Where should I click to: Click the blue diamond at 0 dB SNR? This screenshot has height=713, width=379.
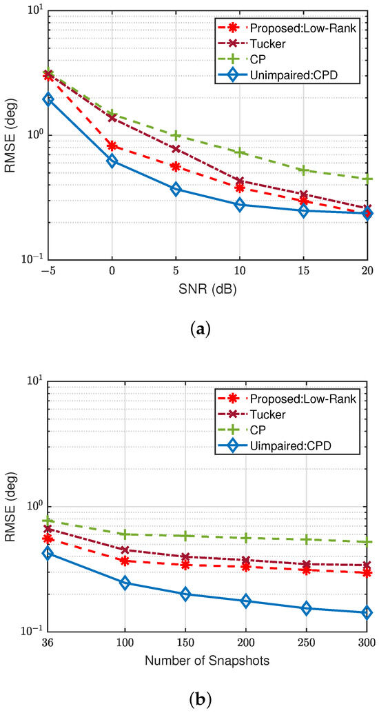pyautogui.click(x=112, y=161)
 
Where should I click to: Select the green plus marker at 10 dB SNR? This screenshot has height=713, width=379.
pyautogui.click(x=240, y=152)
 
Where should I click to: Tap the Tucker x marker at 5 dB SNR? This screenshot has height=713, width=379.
pyautogui.click(x=176, y=149)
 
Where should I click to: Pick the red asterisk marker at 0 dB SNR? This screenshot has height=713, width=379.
pyautogui.click(x=112, y=145)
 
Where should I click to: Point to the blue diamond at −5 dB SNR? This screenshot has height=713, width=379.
pyautogui.click(x=48, y=99)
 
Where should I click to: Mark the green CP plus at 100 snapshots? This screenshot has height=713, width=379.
pyautogui.click(x=125, y=534)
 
